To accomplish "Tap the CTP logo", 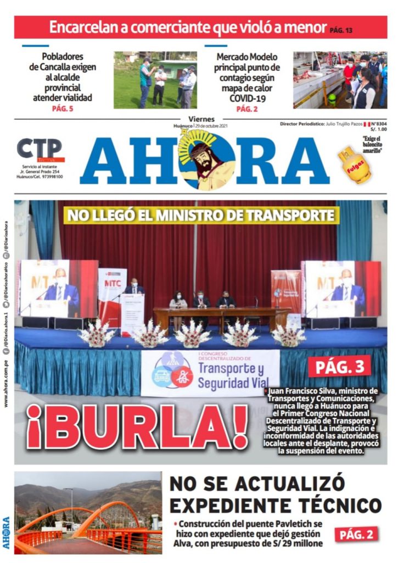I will tap(39, 149).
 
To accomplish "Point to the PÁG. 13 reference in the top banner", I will tap(341, 30).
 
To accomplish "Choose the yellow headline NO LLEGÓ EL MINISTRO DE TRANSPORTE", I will tap(200, 215).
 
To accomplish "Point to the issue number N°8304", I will tap(378, 125).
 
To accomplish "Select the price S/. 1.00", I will tap(379, 130).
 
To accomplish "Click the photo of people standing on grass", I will tap(155, 80).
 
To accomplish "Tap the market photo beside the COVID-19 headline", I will tap(340, 80).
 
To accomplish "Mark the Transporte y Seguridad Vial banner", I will tap(210, 373).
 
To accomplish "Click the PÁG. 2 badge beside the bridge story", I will tap(356, 533).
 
